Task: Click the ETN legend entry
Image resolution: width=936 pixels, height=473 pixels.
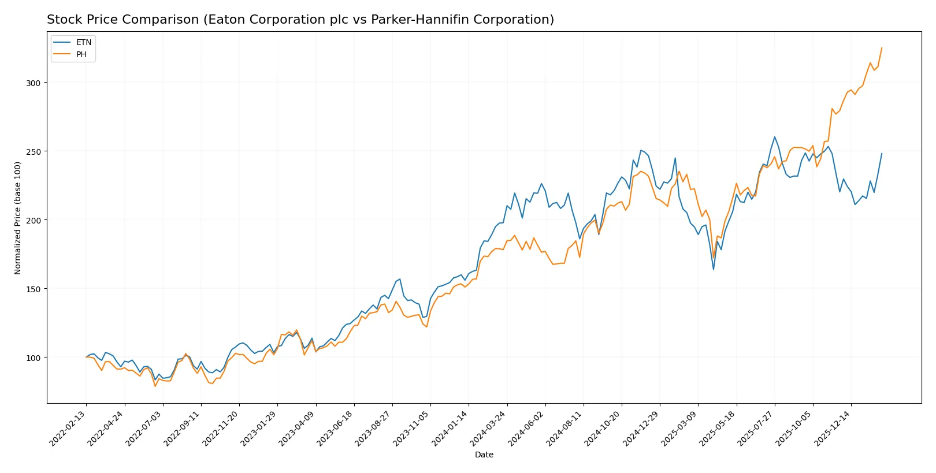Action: [83, 42]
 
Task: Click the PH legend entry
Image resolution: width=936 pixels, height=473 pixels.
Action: [81, 54]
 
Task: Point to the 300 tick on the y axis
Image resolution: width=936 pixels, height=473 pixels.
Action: [34, 83]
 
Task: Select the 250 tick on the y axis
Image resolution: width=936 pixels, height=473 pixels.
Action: [34, 151]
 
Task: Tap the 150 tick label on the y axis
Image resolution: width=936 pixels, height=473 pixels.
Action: [34, 289]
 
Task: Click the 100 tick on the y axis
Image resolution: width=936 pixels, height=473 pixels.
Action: [34, 357]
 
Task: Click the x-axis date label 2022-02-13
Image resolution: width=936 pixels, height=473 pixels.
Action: [68, 429]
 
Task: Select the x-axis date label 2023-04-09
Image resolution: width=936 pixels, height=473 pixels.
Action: [298, 429]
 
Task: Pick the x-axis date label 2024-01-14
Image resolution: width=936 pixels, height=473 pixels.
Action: [451, 429]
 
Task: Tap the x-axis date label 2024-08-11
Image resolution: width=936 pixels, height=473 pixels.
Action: [565, 429]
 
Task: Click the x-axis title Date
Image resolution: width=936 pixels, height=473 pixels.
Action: [484, 455]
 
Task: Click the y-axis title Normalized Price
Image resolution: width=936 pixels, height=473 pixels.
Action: [17, 218]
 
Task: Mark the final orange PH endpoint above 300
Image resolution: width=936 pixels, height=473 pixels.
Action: [882, 48]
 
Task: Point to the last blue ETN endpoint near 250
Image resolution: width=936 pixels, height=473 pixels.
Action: [882, 154]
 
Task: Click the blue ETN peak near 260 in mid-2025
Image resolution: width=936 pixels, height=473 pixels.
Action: [775, 137]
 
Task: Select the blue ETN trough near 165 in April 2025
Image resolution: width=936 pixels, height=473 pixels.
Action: [714, 269]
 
